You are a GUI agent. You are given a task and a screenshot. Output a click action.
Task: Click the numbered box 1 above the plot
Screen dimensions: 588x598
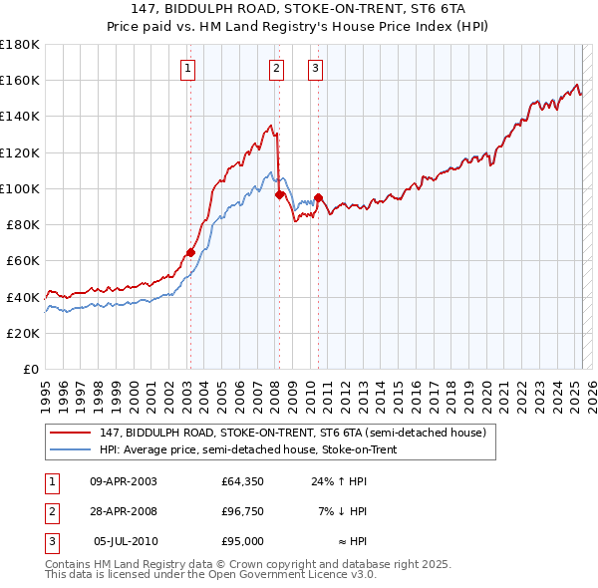point(188,69)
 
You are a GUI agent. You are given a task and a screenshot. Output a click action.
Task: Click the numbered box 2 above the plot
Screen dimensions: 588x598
point(276,69)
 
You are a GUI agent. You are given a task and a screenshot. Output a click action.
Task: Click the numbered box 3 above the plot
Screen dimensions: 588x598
point(315,69)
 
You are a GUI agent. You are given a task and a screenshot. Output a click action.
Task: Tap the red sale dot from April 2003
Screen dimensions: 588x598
point(190,252)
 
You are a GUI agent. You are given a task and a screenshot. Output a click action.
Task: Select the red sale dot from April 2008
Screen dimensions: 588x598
point(279,194)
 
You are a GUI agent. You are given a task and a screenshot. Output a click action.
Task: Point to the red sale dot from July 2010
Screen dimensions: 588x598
point(318,197)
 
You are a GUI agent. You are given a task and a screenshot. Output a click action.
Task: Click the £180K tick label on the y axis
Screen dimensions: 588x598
point(20,45)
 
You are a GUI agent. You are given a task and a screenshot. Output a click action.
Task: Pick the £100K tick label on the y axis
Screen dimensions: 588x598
point(20,188)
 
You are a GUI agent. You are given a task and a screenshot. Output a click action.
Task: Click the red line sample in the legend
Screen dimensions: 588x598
point(71,433)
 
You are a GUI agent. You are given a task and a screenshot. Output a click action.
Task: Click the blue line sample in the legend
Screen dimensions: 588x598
point(71,449)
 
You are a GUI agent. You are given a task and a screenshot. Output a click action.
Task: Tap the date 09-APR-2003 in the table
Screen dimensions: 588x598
point(124,481)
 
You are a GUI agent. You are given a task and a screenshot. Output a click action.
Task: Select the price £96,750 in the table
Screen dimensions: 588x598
point(242,511)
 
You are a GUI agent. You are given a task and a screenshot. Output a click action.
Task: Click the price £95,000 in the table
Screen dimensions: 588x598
point(242,541)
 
